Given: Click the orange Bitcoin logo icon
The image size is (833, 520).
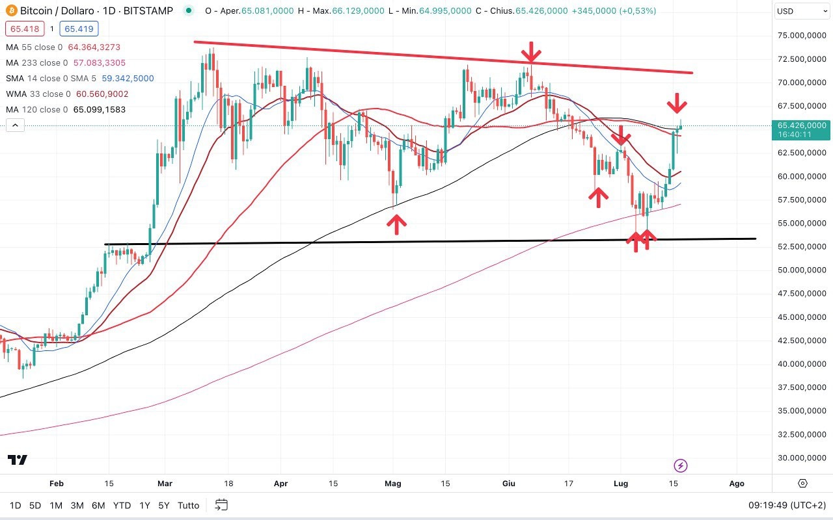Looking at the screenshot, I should pyautogui.click(x=11, y=11).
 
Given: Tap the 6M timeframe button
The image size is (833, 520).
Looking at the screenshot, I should pyautogui.click(x=98, y=505).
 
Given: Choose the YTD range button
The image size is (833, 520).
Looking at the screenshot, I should pyautogui.click(x=122, y=505).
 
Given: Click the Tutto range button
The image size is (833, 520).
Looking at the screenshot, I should pyautogui.click(x=188, y=505).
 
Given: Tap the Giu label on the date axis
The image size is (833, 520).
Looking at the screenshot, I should pyautogui.click(x=509, y=484).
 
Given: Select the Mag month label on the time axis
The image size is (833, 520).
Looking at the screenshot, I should pyautogui.click(x=393, y=484).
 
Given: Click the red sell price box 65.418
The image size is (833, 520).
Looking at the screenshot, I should pyautogui.click(x=23, y=29).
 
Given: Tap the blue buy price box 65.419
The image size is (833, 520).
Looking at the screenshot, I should pyautogui.click(x=78, y=29).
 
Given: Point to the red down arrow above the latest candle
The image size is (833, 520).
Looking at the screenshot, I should pyautogui.click(x=677, y=103).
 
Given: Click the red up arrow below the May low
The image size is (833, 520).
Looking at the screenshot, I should pyautogui.click(x=396, y=224).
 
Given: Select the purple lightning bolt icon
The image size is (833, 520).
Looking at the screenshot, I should pyautogui.click(x=681, y=465).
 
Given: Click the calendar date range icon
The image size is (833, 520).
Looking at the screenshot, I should pyautogui.click(x=221, y=505).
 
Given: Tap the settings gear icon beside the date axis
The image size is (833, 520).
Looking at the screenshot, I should pyautogui.click(x=802, y=484).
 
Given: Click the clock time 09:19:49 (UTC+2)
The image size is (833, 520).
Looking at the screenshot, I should pyautogui.click(x=787, y=505).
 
